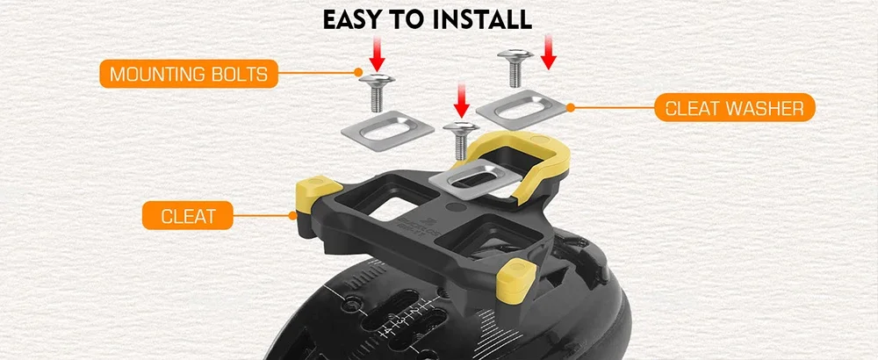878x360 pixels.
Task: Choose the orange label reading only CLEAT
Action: (188, 215)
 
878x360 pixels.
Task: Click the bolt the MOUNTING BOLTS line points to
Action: (377, 92)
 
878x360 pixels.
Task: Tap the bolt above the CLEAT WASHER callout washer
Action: (515, 68)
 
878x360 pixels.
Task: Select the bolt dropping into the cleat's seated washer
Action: (461, 140)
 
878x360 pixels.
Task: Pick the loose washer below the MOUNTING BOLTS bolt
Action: (387, 131)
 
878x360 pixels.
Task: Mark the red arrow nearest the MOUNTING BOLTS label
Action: (377, 54)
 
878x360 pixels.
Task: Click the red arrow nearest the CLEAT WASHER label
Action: (549, 51)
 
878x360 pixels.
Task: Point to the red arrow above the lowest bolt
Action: (462, 100)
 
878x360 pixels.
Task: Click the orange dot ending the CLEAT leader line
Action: (291, 215)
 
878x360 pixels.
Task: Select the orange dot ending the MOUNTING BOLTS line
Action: (358, 72)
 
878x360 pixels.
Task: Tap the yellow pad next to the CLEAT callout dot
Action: (317, 194)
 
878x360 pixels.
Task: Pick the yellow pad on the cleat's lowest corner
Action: (515, 280)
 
